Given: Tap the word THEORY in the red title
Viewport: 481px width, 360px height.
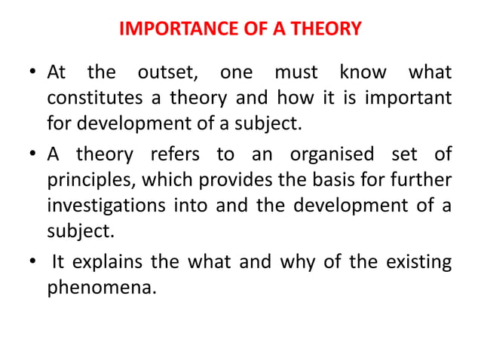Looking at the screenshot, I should [322, 30].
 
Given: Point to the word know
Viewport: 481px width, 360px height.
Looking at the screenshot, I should [363, 74].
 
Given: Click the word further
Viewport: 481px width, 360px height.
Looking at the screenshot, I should [418, 179].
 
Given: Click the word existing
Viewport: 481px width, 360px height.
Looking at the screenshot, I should [417, 262].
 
